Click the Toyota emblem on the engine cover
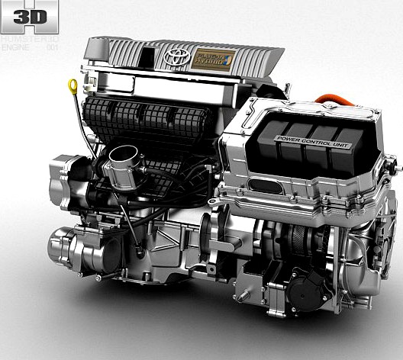[x=176, y=56]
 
